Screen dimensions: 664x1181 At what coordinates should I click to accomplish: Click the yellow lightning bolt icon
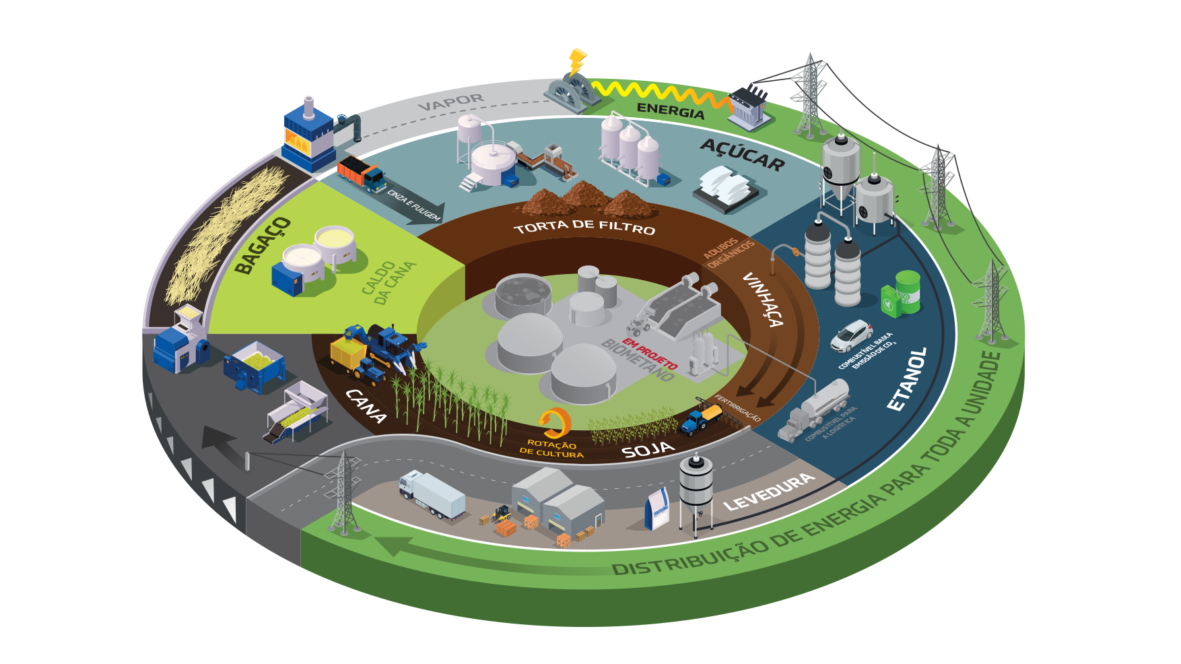coord(576,62)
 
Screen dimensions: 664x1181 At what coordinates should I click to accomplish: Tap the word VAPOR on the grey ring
coord(451,102)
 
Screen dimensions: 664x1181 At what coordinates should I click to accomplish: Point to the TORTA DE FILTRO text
coord(584,227)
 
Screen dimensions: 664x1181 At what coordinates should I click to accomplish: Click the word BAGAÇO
coord(263,245)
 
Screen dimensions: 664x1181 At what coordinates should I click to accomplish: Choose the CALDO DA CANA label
coord(389,282)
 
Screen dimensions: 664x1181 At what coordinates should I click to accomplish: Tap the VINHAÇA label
coord(763,300)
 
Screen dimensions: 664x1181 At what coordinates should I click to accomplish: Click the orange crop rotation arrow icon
coord(555,423)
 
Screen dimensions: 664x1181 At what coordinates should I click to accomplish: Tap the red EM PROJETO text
coord(650,355)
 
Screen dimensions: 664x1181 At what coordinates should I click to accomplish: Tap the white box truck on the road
coord(432,494)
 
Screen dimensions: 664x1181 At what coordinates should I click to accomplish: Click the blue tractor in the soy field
coord(700,418)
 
